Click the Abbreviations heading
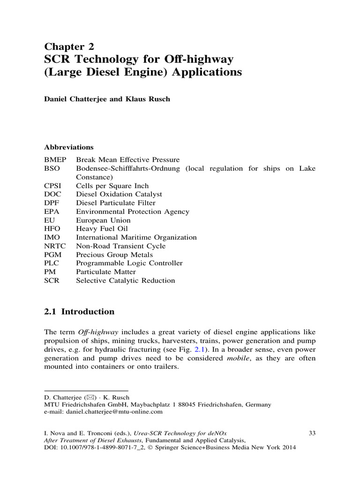point(69,147)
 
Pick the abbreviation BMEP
point(55,160)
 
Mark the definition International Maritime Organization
point(136,238)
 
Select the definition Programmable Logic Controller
point(129,263)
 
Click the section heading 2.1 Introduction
point(79,312)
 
